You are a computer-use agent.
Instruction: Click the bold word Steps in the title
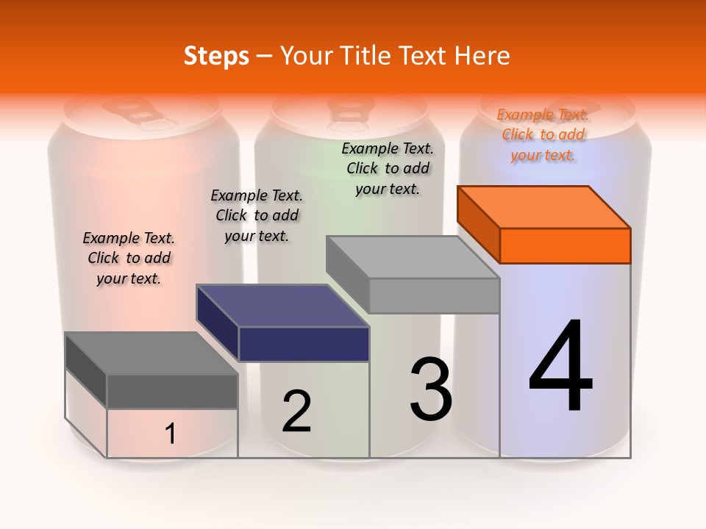click(x=216, y=56)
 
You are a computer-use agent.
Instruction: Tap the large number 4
click(x=560, y=367)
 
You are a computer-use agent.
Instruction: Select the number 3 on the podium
click(x=431, y=389)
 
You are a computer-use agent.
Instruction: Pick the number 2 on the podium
click(x=297, y=411)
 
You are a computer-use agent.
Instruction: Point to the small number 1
click(x=171, y=434)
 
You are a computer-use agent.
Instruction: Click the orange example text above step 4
click(x=543, y=134)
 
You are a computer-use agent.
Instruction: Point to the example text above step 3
click(x=388, y=168)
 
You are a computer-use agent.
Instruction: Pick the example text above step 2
click(x=257, y=215)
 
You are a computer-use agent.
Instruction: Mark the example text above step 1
click(x=129, y=258)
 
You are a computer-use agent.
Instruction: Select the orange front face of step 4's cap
click(x=565, y=245)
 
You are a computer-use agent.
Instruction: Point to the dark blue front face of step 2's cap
click(x=304, y=344)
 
